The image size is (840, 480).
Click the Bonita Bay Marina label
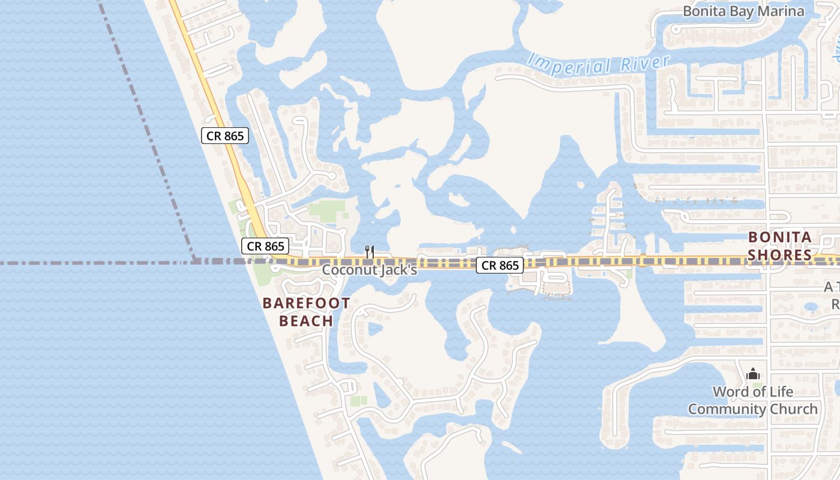pyautogui.click(x=743, y=11)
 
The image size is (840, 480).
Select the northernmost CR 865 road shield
pyautogui.click(x=225, y=136)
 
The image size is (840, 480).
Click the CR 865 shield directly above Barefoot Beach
pyautogui.click(x=266, y=246)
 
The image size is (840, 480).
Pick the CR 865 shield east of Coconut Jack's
pyautogui.click(x=500, y=265)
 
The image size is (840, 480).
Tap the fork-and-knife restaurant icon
pyautogui.click(x=370, y=252)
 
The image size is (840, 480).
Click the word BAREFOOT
pyautogui.click(x=306, y=303)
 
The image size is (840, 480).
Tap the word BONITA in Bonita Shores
pyautogui.click(x=779, y=237)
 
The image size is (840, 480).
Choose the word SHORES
pyautogui.click(x=779, y=255)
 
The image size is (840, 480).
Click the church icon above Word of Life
pyautogui.click(x=753, y=374)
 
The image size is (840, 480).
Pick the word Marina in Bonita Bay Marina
pyautogui.click(x=782, y=11)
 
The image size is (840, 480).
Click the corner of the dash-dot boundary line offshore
pyautogui.click(x=195, y=262)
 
